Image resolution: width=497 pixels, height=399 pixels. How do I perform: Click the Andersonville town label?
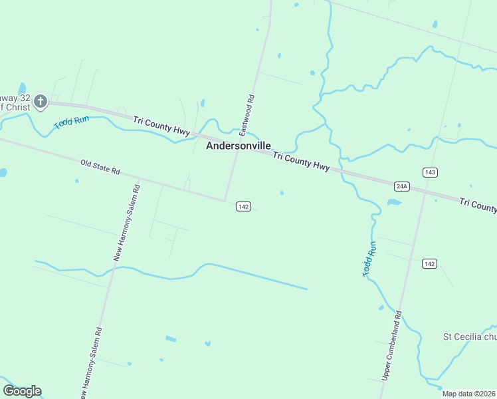239,145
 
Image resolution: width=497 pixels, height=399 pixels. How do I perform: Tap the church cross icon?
41,101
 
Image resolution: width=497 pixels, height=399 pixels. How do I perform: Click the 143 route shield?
430,172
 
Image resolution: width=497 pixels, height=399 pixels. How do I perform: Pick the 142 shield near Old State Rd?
243,207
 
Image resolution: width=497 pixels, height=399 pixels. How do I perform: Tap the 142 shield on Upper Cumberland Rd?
429,264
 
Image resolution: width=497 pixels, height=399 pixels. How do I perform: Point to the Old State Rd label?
100,166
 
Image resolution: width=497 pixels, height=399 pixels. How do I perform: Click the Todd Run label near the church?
71,122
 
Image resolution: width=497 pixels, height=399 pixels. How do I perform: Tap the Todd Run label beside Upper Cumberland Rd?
370,259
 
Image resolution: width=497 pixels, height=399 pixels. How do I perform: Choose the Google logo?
22,391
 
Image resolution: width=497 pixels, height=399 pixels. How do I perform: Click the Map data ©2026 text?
469,394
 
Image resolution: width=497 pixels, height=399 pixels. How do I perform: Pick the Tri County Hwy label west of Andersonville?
161,125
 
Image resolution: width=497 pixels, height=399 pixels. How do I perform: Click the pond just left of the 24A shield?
394,202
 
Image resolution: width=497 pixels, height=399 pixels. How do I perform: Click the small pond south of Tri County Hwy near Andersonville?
282,194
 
